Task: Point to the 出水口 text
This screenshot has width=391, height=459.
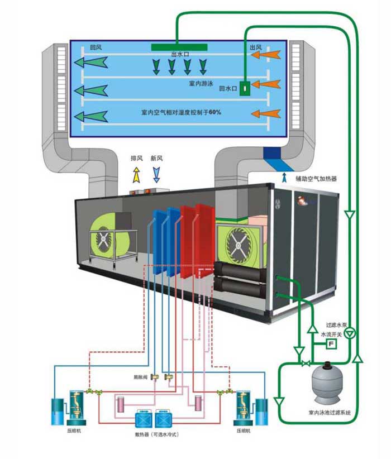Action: click(x=180, y=55)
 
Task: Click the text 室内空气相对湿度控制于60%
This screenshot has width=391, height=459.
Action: click(x=182, y=112)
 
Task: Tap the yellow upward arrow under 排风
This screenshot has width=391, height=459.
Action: click(x=136, y=175)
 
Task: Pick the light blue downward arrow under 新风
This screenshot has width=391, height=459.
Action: click(x=156, y=175)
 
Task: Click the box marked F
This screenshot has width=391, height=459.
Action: click(x=330, y=343)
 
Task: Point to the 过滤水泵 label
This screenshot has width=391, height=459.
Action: click(x=337, y=324)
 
